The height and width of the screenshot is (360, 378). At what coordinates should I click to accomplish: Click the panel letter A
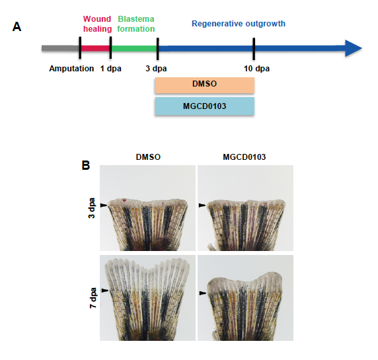click(x=17, y=26)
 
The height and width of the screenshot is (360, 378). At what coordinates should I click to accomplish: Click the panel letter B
click(x=86, y=165)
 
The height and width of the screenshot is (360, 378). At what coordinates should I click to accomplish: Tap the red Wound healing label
click(x=97, y=24)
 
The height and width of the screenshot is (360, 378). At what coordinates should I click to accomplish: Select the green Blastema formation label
click(x=136, y=24)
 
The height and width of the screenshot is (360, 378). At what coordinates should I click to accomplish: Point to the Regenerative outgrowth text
click(x=239, y=24)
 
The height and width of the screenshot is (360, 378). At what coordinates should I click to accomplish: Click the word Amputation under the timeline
click(x=71, y=69)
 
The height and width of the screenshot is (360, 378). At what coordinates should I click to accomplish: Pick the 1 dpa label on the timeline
click(x=110, y=69)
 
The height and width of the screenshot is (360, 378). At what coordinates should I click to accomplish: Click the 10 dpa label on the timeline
click(x=256, y=69)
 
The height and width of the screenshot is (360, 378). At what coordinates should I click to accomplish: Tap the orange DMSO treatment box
click(x=205, y=85)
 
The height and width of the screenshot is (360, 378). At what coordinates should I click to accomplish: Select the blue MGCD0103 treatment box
click(x=205, y=106)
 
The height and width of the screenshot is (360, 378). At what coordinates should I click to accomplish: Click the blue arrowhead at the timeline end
click(x=354, y=48)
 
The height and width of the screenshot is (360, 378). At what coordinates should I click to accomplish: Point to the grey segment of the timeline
click(x=61, y=48)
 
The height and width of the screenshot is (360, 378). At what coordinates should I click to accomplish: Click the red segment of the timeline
click(x=95, y=48)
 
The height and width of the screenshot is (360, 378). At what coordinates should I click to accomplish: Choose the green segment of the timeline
click(x=134, y=48)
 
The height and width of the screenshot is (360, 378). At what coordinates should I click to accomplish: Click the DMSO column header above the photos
click(x=148, y=157)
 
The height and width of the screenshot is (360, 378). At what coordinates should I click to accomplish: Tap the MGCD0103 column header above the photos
click(x=245, y=157)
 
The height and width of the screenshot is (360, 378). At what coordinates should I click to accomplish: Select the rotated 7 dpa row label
click(x=93, y=298)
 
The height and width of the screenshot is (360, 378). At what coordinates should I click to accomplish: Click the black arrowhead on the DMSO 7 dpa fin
click(x=105, y=291)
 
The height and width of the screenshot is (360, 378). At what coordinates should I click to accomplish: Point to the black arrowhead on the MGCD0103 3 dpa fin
click(x=202, y=205)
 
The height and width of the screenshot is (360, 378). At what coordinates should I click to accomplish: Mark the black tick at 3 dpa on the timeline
click(x=157, y=48)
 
